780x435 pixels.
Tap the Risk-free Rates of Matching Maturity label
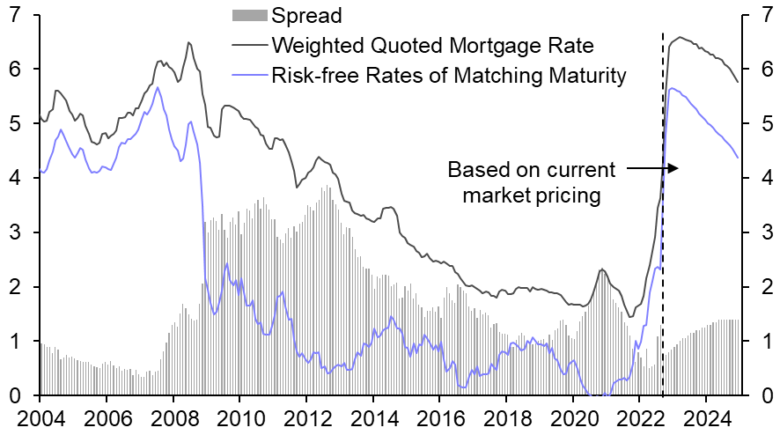(x=449, y=76)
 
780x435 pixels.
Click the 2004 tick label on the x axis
(x=40, y=417)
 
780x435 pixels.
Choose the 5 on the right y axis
(x=762, y=124)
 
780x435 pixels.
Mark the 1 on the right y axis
(x=762, y=342)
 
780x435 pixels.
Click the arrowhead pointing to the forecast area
(x=674, y=167)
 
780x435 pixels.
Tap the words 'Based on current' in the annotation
(x=532, y=169)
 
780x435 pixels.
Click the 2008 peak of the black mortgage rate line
(x=188, y=42)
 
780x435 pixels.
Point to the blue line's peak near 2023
(x=673, y=88)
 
